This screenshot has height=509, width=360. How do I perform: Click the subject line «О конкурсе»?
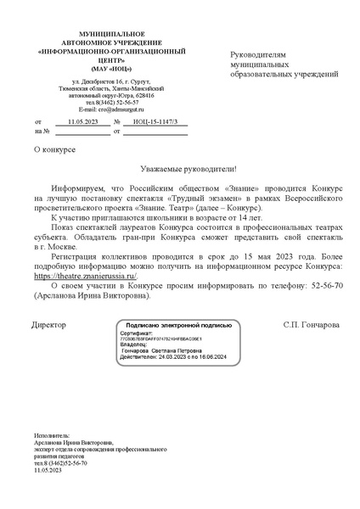[53, 150]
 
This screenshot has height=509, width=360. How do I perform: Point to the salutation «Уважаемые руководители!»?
[179, 169]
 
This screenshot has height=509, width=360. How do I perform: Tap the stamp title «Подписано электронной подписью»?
[178, 325]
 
